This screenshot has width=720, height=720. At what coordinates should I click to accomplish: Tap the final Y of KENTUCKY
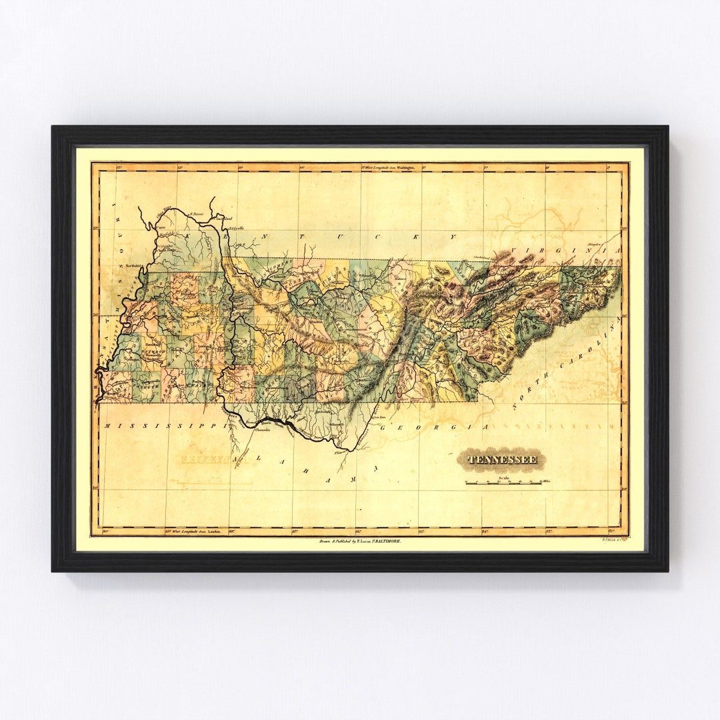[x=453, y=237]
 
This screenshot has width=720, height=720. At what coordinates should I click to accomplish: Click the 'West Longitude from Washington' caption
[x=388, y=169]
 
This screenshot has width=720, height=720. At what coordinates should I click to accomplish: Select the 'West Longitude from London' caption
[x=191, y=531]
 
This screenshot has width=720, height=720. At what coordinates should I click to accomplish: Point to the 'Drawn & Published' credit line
[x=360, y=542]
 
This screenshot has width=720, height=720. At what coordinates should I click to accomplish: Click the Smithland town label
[x=224, y=218]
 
